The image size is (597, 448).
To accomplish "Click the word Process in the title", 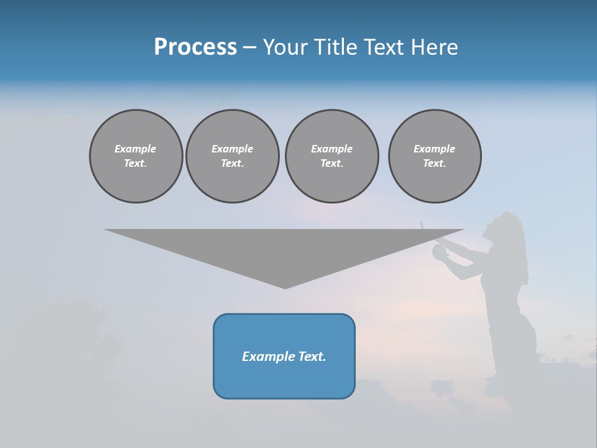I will (x=195, y=47).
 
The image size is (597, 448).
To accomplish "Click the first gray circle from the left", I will (x=136, y=156).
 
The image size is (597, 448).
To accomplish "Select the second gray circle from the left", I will (x=233, y=156).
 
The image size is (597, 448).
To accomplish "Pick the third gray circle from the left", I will (x=331, y=156).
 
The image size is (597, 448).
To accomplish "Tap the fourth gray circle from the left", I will (x=435, y=156).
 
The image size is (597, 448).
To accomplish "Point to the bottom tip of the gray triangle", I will (x=285, y=287).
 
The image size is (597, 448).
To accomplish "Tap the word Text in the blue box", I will (x=312, y=357).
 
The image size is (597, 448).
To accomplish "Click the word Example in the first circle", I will (x=136, y=149).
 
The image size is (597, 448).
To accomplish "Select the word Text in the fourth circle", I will (x=434, y=164).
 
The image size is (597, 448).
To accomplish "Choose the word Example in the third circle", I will (x=331, y=149).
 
